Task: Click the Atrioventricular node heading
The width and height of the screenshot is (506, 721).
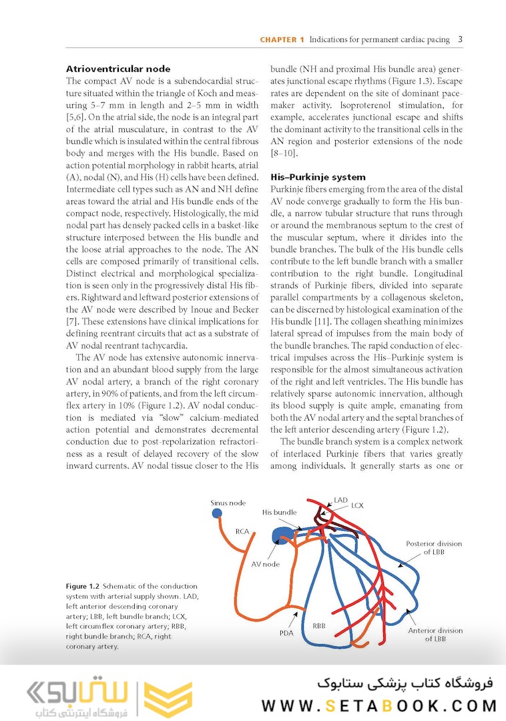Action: point(118,69)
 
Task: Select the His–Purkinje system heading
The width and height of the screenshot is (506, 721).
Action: point(318,177)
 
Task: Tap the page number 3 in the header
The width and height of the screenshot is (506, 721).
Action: point(461,39)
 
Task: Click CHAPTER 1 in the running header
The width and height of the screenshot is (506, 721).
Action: point(282,40)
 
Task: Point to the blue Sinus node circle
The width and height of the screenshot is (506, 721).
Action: point(217,513)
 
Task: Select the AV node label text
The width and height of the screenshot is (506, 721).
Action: point(265,564)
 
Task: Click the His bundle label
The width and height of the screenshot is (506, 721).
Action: point(279,513)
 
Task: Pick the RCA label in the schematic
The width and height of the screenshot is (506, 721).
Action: point(242,532)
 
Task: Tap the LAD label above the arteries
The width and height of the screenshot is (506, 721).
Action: point(340,499)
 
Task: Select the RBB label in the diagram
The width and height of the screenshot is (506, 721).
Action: point(319,626)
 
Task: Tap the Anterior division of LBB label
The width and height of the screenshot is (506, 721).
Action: point(435,634)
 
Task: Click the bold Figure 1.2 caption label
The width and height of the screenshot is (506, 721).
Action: point(83,585)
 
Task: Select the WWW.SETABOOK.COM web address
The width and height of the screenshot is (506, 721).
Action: point(379,706)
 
